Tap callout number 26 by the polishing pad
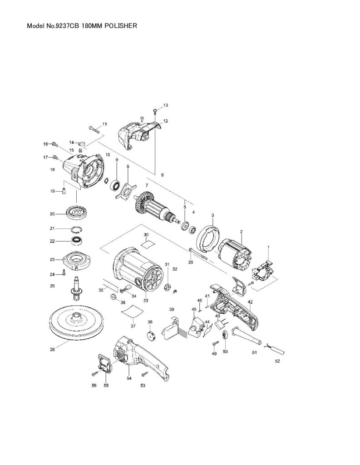click(52, 350)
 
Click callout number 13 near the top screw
click(165, 105)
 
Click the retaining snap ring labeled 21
click(77, 228)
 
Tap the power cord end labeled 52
click(278, 349)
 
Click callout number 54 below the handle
click(129, 378)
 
